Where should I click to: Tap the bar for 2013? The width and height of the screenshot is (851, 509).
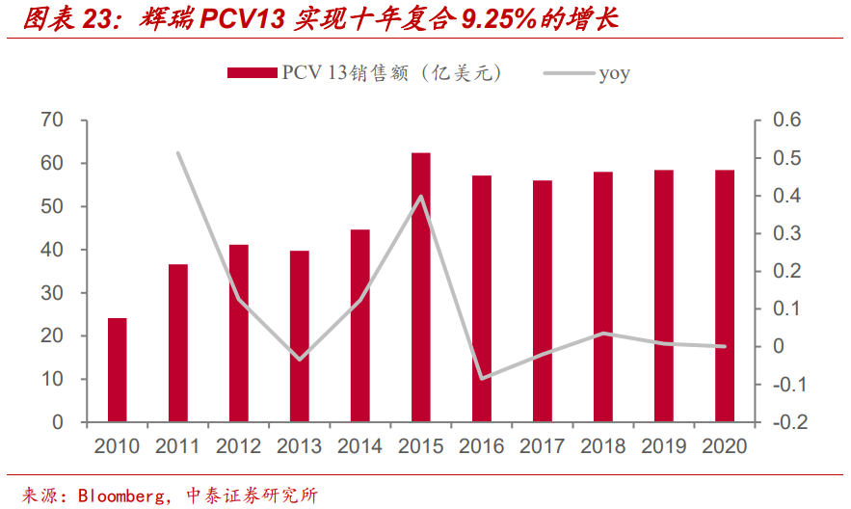point(300,336)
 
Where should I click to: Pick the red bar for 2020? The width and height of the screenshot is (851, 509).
point(725,296)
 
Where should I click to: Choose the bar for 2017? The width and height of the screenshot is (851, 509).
point(543,301)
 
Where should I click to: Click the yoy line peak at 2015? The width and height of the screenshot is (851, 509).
point(421,197)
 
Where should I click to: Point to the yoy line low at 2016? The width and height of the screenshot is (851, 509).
point(482,378)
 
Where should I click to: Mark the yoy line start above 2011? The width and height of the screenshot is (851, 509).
point(178,152)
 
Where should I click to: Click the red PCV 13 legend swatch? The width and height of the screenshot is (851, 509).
point(253,73)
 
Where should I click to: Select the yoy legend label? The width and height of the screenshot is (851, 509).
point(614,73)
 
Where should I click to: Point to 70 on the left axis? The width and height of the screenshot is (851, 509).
point(52,121)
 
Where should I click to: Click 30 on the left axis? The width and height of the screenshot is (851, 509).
point(52,293)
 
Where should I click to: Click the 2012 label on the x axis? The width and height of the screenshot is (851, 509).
point(238,446)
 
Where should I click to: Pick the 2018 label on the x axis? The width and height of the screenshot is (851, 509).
point(603,446)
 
